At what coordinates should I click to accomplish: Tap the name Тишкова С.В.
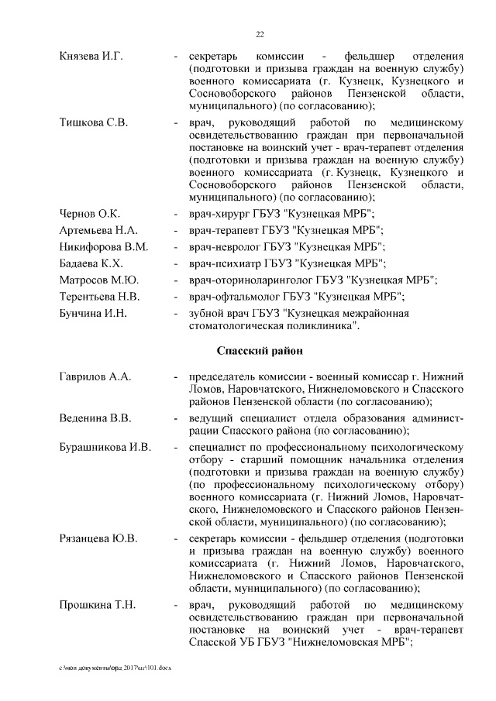point(93,123)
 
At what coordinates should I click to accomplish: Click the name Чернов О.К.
point(89,213)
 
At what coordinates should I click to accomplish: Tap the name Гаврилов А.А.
point(95,376)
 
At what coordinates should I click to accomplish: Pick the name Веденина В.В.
point(95,418)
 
